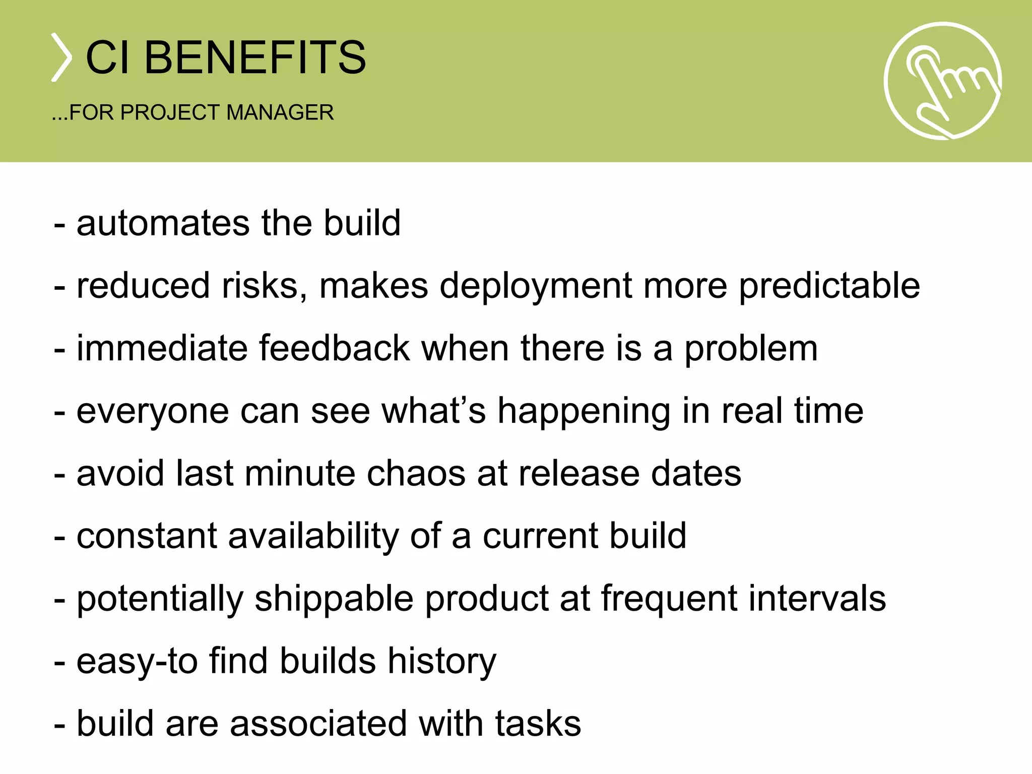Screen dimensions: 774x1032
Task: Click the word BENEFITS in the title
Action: point(255,57)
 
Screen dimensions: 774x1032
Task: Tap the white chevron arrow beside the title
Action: point(61,57)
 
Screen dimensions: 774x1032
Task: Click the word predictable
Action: point(829,286)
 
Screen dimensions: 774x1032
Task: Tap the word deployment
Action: point(536,286)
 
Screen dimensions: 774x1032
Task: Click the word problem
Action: point(750,349)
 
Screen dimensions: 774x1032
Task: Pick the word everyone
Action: point(153,412)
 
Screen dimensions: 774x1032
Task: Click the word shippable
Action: point(334,599)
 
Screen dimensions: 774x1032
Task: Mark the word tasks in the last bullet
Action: point(538,724)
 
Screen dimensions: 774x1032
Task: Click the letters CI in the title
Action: point(107,57)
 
